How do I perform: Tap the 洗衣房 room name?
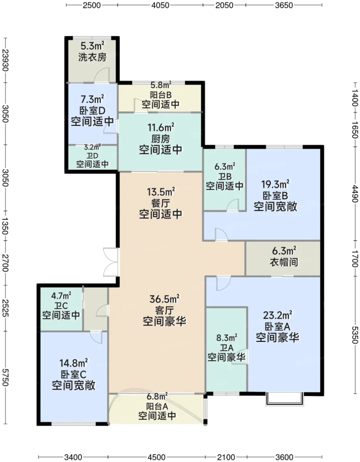point(92,57)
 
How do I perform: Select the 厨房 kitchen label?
point(161,139)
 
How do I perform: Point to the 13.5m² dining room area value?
point(161,192)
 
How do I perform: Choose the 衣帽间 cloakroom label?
point(284,262)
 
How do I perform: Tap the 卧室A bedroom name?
point(277,326)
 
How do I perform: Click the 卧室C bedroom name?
point(74,375)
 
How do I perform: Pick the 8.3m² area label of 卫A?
point(227,338)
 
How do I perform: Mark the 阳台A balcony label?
point(157,406)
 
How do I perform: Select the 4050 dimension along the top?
point(160,5)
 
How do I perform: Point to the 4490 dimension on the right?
point(355,193)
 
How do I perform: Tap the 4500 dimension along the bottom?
point(156,457)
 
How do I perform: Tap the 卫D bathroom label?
point(92,156)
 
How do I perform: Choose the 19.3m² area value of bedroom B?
point(275,184)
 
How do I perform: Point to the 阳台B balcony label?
point(161,95)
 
